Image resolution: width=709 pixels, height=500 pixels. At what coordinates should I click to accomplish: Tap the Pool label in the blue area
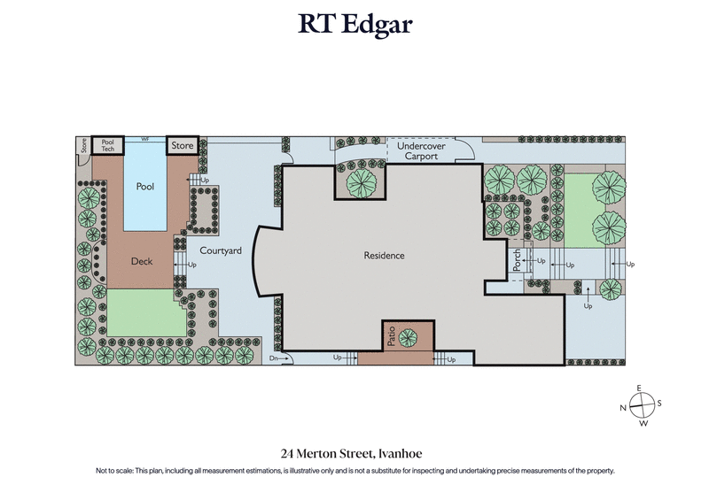pyautogui.click(x=144, y=187)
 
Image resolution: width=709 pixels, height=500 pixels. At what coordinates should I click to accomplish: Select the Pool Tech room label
pyautogui.click(x=108, y=146)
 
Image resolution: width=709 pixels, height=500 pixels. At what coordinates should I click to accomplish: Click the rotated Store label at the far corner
pyautogui.click(x=84, y=146)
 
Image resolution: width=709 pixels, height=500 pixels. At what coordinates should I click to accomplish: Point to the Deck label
pyautogui.click(x=142, y=261)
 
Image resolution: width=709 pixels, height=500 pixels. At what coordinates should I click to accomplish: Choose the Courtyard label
pyautogui.click(x=221, y=251)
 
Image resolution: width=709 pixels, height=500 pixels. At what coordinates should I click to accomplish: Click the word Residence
pyautogui.click(x=384, y=256)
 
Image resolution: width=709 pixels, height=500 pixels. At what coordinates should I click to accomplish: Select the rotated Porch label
pyautogui.click(x=518, y=261)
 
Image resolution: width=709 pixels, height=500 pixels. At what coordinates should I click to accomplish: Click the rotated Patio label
pyautogui.click(x=390, y=336)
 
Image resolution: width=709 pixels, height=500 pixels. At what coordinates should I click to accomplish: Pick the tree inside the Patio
pyautogui.click(x=409, y=336)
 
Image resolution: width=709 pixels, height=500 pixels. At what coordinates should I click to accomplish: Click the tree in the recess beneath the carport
pyautogui.click(x=361, y=182)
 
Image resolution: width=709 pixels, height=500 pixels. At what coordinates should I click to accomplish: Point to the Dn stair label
pyautogui.click(x=275, y=358)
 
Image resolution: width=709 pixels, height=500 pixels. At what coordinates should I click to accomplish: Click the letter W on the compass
pyautogui.click(x=642, y=422)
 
